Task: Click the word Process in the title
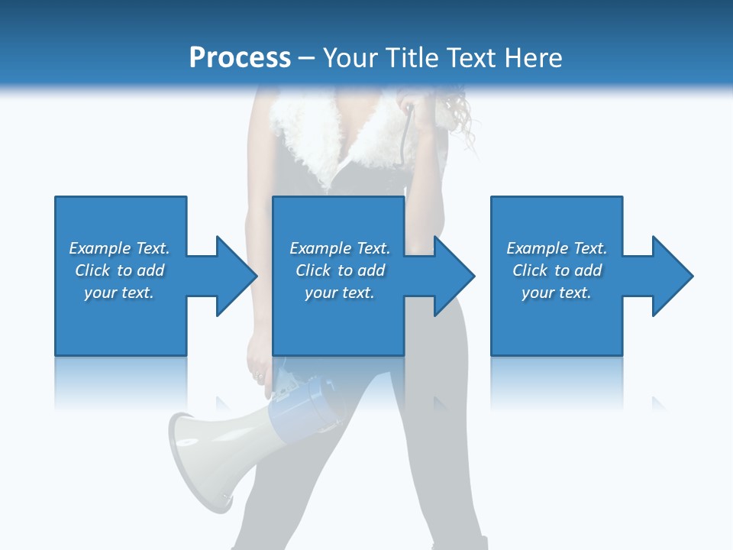pos(240,58)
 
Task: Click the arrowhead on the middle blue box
pos(452,276)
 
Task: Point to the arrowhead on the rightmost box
pos(670,276)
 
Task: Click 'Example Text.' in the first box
pos(119,248)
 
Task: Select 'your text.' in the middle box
pos(339,293)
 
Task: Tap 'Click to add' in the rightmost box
pos(557,270)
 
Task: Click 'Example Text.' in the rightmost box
pos(557,248)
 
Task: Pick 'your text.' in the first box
pos(119,293)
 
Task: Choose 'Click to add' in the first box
pos(119,270)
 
